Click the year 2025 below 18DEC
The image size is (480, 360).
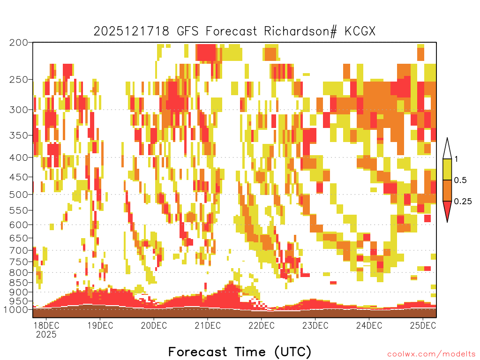tap(46, 334)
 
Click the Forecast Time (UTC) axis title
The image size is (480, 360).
tap(240, 352)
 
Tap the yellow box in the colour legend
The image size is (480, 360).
tap(447, 170)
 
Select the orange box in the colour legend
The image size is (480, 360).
tap(447, 191)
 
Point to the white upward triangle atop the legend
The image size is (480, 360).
tap(447, 148)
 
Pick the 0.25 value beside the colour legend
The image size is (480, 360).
tap(463, 202)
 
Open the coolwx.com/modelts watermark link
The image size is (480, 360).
tap(431, 354)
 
